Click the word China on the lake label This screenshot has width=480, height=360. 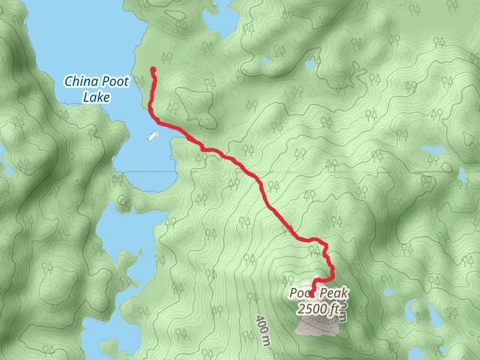point(81,81)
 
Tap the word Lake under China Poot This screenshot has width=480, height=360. point(95,97)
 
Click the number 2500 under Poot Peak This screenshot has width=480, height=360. point(311,309)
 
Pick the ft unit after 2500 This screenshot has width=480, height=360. point(336,309)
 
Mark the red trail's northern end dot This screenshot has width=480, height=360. point(152,70)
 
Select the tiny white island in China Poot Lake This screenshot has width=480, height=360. point(152,136)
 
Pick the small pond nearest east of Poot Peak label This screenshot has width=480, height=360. point(389,293)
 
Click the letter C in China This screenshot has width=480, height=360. point(68,81)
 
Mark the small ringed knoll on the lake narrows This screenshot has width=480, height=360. point(124,200)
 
